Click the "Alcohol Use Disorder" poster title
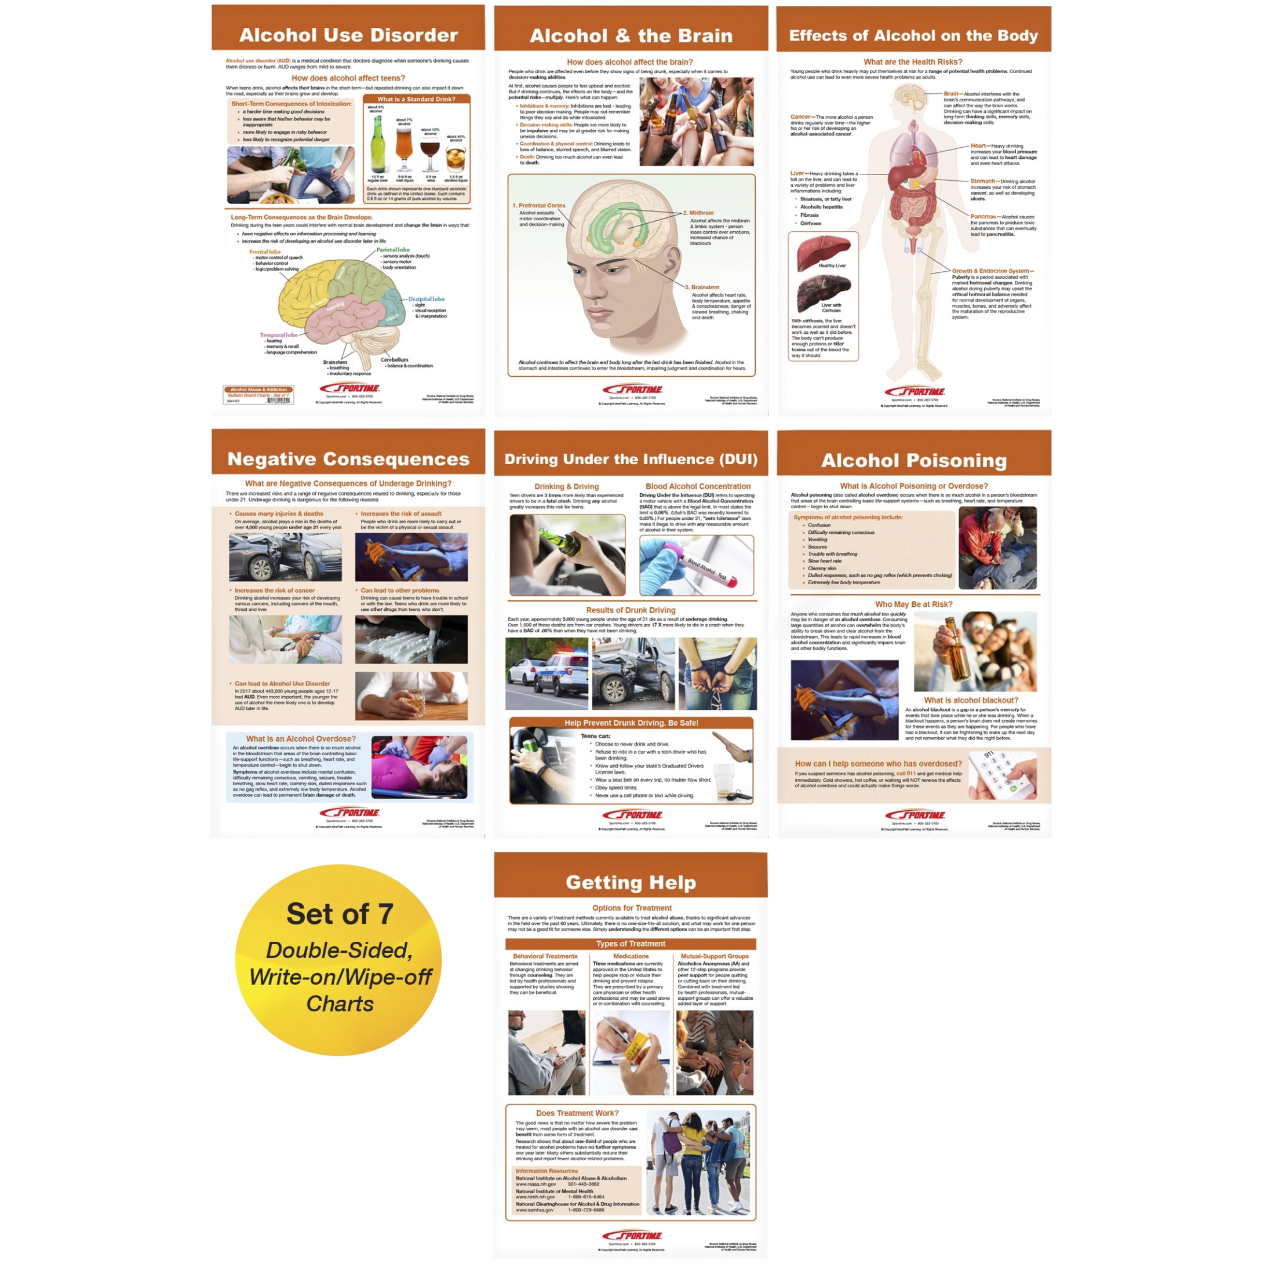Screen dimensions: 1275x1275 pyautogui.click(x=348, y=35)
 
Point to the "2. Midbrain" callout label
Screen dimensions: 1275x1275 pyautogui.click(x=698, y=213)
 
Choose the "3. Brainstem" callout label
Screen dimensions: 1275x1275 pyautogui.click(x=702, y=287)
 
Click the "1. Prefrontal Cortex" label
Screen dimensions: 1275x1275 pyautogui.click(x=539, y=205)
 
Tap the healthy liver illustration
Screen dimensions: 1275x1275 pyautogui.click(x=823, y=252)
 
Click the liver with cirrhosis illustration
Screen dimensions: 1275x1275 pyautogui.click(x=823, y=292)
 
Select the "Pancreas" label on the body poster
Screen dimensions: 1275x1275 pyautogui.click(x=983, y=216)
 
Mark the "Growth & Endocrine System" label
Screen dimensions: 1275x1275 pyautogui.click(x=992, y=271)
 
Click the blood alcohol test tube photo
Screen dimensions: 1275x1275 pyautogui.click(x=696, y=565)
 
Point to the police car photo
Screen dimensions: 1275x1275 pyautogui.click(x=547, y=673)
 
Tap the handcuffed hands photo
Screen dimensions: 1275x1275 pyautogui.click(x=717, y=673)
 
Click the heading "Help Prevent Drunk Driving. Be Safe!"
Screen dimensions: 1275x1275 pyautogui.click(x=631, y=723)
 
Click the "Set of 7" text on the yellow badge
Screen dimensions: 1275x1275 pyautogui.click(x=339, y=914)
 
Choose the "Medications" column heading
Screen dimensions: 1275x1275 pyautogui.click(x=631, y=956)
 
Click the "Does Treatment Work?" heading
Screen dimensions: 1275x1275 pyautogui.click(x=577, y=1113)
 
